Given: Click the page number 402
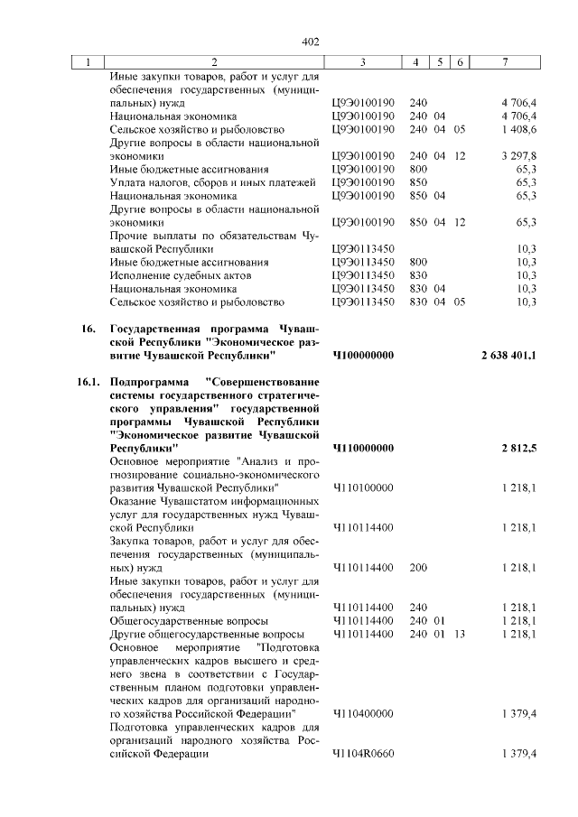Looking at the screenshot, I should (x=311, y=42).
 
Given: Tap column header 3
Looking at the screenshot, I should (x=362, y=62).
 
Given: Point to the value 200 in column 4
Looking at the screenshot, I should (x=418, y=567).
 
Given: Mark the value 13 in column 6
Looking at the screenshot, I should (x=460, y=635).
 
